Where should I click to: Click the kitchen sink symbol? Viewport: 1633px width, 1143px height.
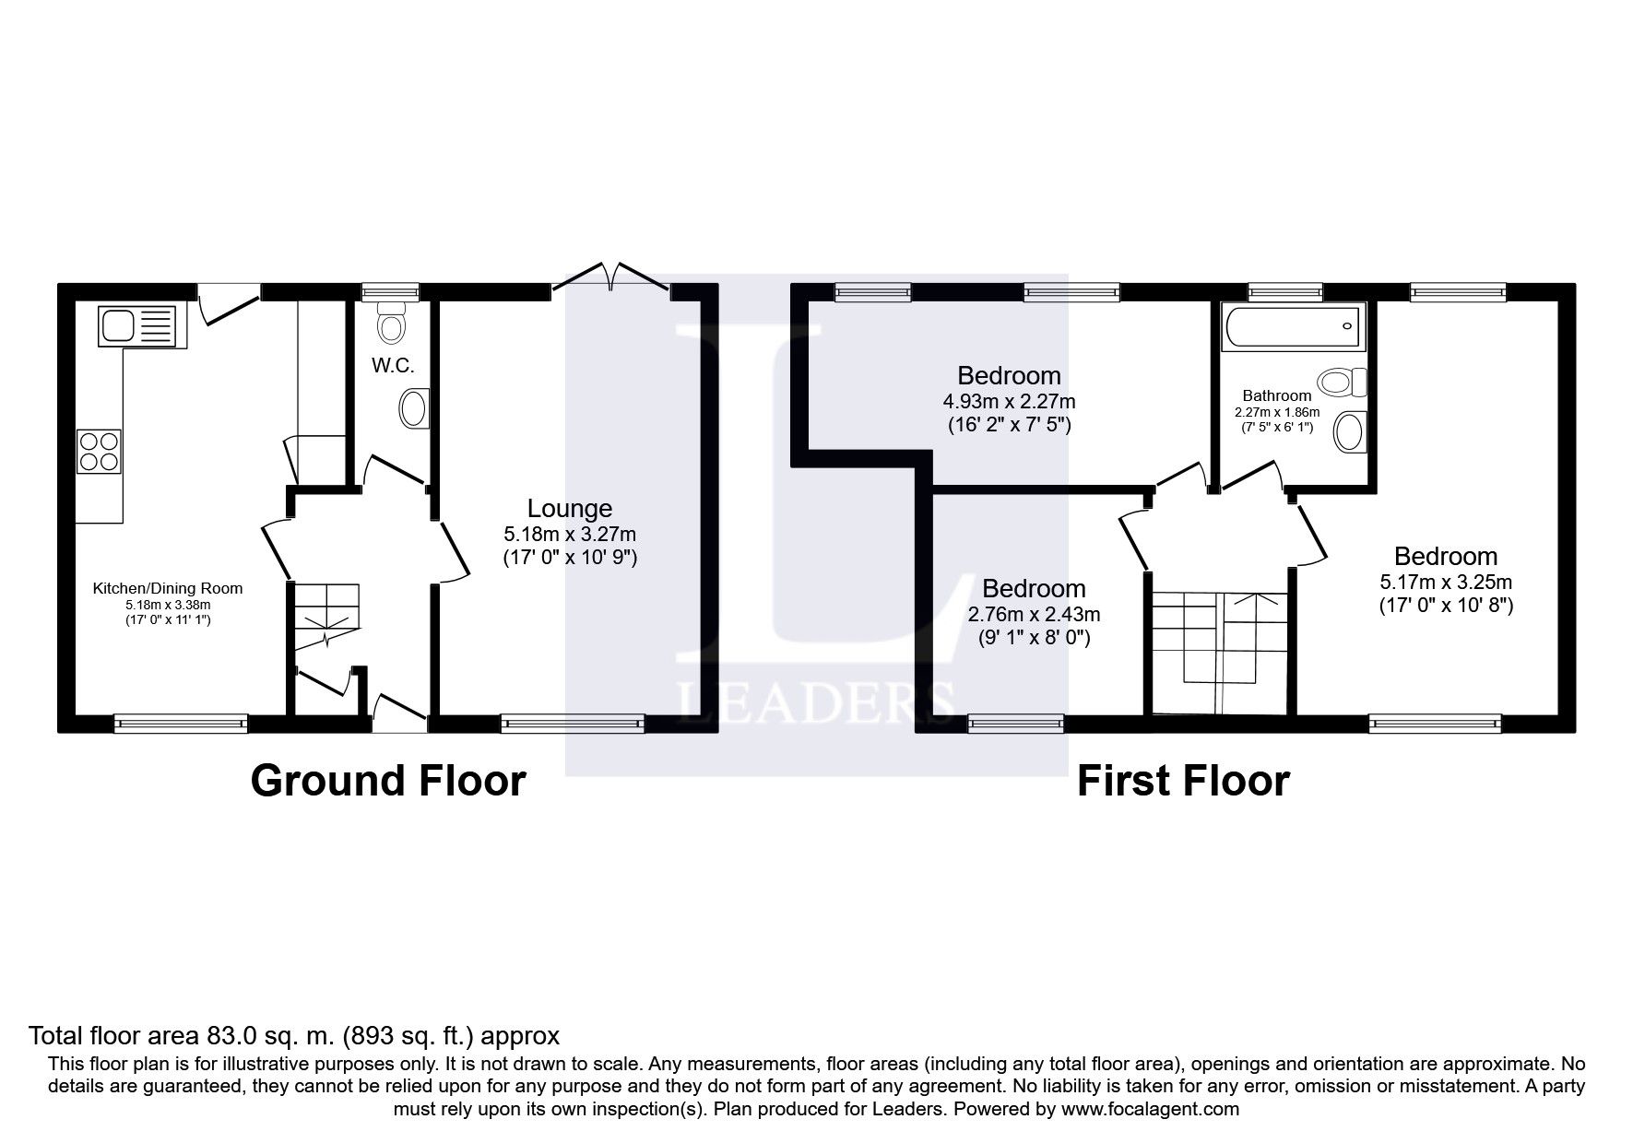[136, 326]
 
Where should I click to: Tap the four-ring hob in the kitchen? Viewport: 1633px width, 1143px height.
[99, 452]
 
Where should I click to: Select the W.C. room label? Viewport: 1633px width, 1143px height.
[393, 366]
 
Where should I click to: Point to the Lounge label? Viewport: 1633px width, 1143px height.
[569, 508]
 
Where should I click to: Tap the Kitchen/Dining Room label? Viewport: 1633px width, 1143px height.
[168, 588]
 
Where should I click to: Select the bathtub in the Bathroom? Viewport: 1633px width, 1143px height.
[1292, 327]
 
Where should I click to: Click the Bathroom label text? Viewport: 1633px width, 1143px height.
[1276, 395]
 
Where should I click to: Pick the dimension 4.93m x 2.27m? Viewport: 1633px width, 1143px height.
[1009, 402]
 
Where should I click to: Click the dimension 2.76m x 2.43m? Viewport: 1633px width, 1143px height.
[1034, 614]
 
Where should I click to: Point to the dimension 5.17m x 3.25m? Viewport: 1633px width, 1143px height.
[1445, 582]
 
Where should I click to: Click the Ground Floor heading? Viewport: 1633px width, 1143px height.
[387, 781]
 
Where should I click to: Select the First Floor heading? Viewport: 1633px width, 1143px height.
[1182, 781]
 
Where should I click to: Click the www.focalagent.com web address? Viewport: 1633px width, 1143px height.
[1150, 1109]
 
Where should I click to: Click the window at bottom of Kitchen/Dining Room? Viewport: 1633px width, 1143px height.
[181, 724]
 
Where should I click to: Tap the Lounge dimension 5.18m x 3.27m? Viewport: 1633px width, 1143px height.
[569, 534]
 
